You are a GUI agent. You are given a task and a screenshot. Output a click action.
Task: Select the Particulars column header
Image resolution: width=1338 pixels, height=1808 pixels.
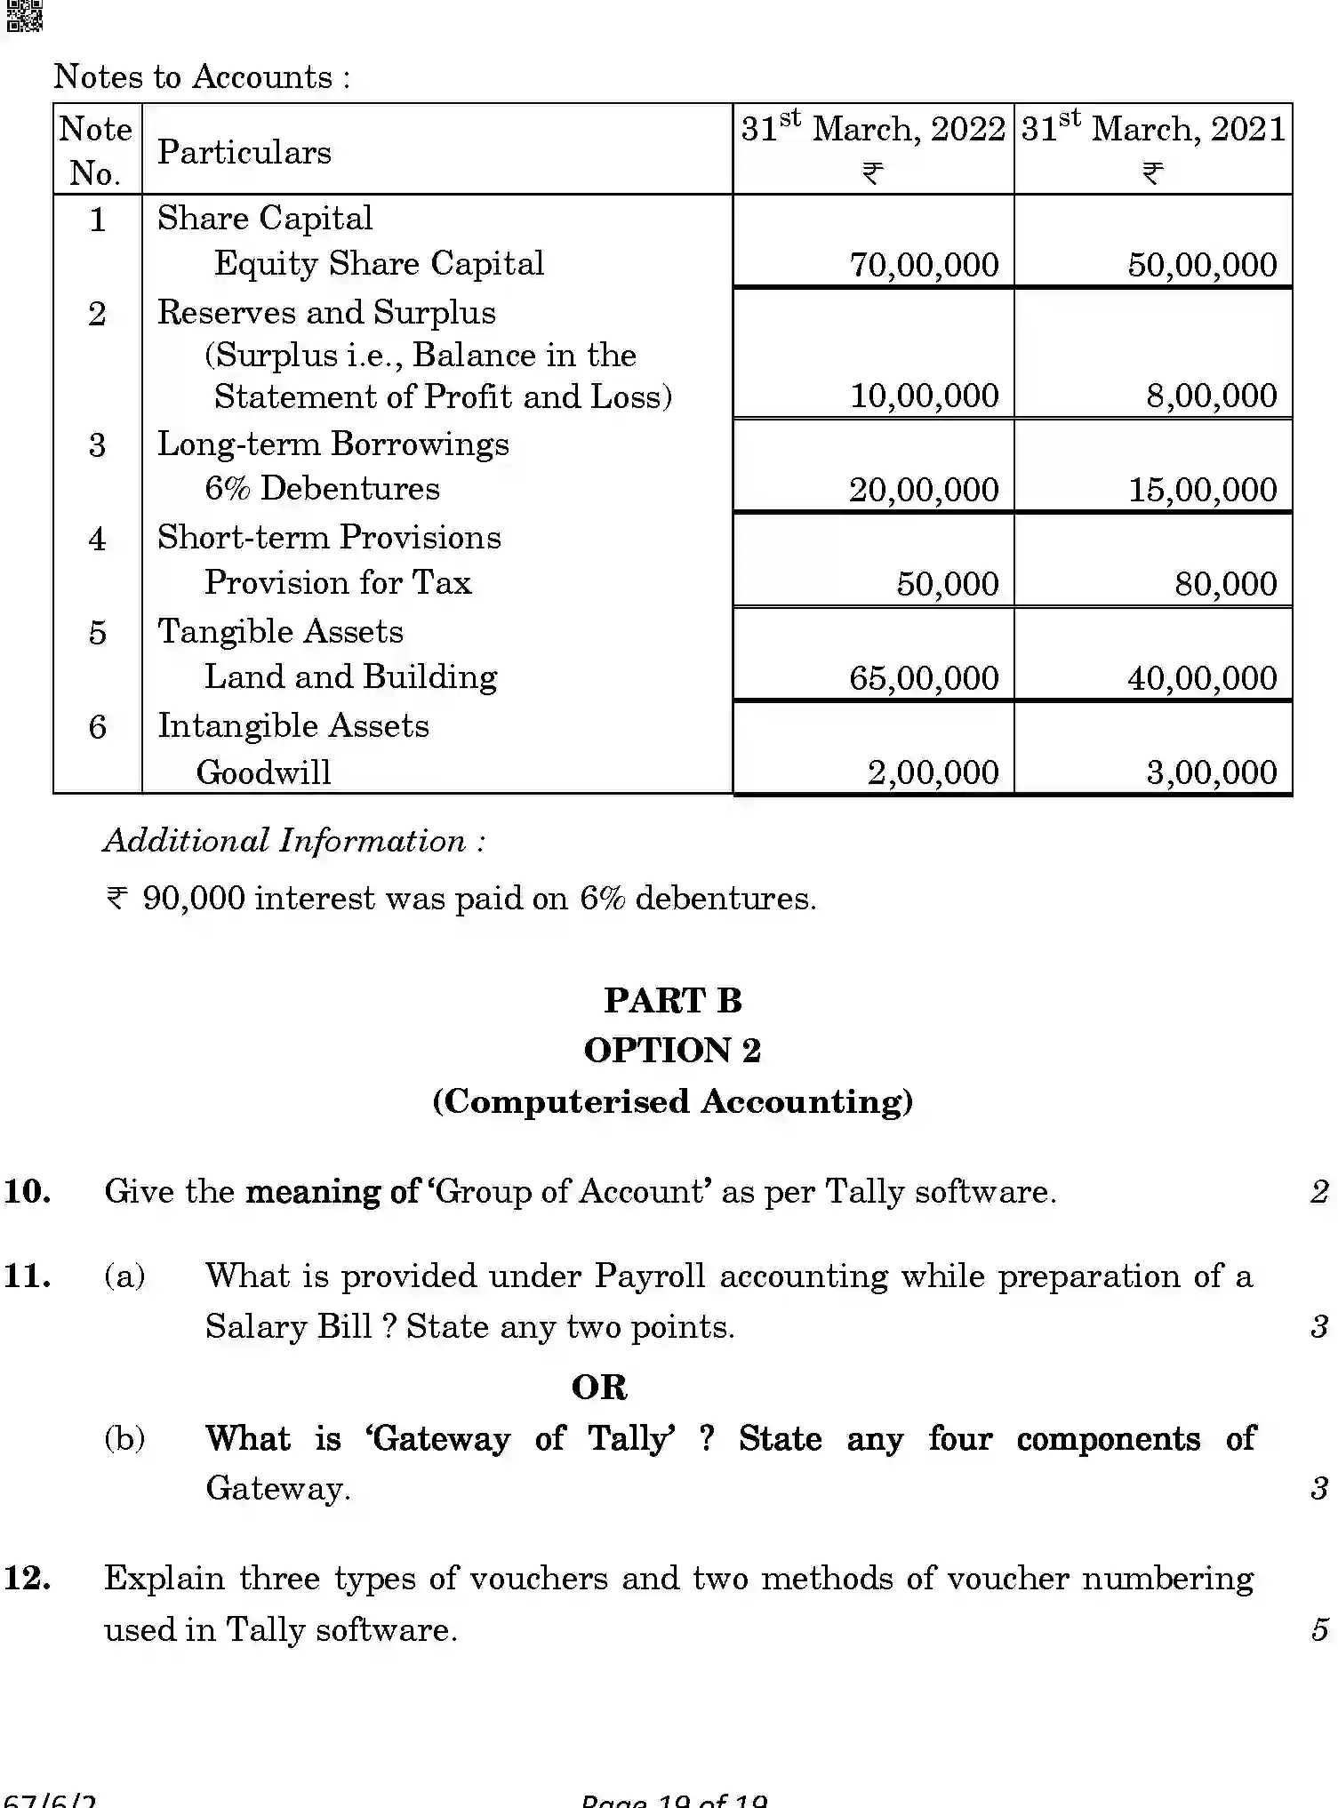244,152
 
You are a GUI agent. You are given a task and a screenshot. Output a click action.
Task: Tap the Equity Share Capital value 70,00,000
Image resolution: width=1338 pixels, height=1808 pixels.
924,265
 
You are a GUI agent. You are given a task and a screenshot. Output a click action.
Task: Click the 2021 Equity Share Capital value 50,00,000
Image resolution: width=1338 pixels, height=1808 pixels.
1202,265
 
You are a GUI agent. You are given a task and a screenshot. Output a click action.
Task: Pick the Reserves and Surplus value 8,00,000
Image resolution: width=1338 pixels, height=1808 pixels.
1211,396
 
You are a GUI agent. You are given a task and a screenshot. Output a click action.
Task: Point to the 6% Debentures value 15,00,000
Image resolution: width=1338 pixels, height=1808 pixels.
1202,490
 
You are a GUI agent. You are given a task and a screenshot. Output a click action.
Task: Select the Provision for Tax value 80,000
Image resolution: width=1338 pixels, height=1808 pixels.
1225,584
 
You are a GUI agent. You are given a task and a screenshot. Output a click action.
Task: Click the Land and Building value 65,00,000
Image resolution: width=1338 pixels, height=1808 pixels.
924,678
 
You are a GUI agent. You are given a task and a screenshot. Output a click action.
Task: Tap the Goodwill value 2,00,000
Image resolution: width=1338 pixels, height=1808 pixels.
933,772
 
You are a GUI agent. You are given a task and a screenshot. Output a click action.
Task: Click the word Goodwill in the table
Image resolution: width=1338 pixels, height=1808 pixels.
263,772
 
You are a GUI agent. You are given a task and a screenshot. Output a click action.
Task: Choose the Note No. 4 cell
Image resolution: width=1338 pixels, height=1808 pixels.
97,539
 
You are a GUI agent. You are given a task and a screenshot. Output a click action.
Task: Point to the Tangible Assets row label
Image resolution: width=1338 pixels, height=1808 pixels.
280,632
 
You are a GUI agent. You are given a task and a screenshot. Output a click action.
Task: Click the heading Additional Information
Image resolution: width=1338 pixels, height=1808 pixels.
294,841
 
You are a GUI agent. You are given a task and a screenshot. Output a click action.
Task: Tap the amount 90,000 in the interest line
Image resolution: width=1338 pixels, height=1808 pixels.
193,899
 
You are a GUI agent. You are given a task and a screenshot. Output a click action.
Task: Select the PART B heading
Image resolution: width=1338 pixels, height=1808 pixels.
673,1001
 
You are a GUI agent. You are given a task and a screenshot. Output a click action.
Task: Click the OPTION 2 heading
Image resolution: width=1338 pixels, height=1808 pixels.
673,1051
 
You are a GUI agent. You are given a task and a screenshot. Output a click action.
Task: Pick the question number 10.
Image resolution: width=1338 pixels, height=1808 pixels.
27,1192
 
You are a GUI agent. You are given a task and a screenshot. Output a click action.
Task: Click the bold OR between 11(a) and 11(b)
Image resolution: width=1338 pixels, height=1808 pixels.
599,1388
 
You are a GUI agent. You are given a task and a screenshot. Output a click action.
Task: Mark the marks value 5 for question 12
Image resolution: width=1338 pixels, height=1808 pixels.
1319,1630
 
